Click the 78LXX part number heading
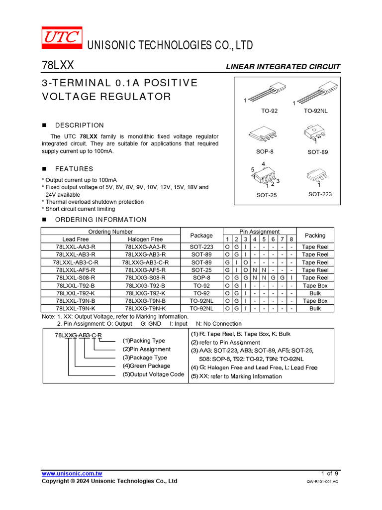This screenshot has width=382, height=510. click(x=58, y=66)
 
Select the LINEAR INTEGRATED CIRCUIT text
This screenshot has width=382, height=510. click(x=283, y=67)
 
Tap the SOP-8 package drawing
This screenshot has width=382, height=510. click(x=262, y=134)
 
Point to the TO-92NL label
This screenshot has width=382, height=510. click(x=316, y=111)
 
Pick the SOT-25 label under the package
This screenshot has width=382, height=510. click(x=266, y=195)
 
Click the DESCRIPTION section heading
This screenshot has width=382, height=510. click(x=80, y=126)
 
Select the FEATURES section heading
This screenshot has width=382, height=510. click(x=74, y=169)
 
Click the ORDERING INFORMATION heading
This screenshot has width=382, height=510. click(x=100, y=220)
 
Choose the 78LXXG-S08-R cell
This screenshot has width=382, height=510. click(x=145, y=278)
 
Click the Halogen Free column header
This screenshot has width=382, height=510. click(x=145, y=240)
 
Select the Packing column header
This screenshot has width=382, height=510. click(x=315, y=236)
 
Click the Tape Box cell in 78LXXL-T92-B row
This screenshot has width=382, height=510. click(x=315, y=285)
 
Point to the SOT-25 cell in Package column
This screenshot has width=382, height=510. click(x=201, y=270)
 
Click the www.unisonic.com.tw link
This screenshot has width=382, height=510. click(x=72, y=473)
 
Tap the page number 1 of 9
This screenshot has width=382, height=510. click(x=330, y=473)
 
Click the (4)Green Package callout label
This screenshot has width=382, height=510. click(x=146, y=366)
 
